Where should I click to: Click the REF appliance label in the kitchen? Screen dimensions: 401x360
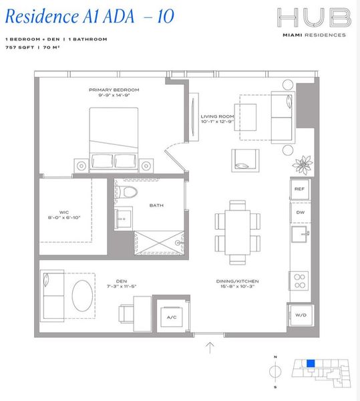pyautogui.click(x=300, y=189)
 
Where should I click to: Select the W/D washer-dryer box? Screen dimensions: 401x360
pyautogui.click(x=300, y=314)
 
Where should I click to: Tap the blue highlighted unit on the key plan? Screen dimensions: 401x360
pyautogui.click(x=310, y=364)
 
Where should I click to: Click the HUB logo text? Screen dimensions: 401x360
pyautogui.click(x=313, y=18)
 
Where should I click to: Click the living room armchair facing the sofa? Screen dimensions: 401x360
pyautogui.click(x=245, y=159)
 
